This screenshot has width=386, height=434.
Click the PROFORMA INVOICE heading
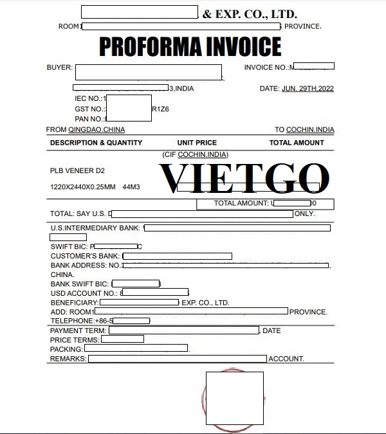point(190,46)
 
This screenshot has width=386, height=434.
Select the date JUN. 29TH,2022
point(308,88)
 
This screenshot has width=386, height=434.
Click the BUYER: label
point(60,68)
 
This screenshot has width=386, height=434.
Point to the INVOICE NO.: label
point(266,68)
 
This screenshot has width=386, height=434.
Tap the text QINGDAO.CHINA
point(93,130)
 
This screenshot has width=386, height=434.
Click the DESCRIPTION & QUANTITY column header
point(96,143)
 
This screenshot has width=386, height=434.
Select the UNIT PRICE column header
point(197,143)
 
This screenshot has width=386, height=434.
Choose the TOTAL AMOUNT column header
point(297,143)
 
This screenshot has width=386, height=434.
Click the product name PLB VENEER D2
point(77,171)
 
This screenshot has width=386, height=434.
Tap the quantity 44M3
point(131,186)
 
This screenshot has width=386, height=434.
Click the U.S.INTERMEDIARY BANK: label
point(96,228)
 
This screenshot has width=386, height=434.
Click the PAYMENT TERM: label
point(78,330)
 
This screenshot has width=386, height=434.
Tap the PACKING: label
point(66,349)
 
